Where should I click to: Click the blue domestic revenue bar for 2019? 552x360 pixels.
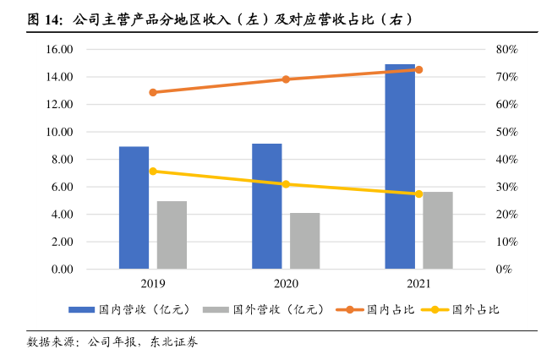tap(134, 208)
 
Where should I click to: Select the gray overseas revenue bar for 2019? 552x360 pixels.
tap(172, 235)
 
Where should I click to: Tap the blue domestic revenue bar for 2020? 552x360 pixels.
tap(267, 206)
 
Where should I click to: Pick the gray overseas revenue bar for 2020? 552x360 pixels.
tap(305, 241)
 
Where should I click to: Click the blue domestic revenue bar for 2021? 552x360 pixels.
tap(400, 166)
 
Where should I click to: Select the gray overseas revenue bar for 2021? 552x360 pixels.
tap(438, 231)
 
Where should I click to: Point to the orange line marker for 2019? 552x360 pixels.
tap(153, 92)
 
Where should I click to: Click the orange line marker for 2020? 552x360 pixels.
tap(286, 79)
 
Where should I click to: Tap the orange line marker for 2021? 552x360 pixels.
tap(418, 69)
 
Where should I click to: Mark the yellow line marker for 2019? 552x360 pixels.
tap(153, 172)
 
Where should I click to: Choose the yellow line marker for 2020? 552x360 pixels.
tap(286, 184)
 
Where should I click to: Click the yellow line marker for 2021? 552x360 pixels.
tap(418, 194)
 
